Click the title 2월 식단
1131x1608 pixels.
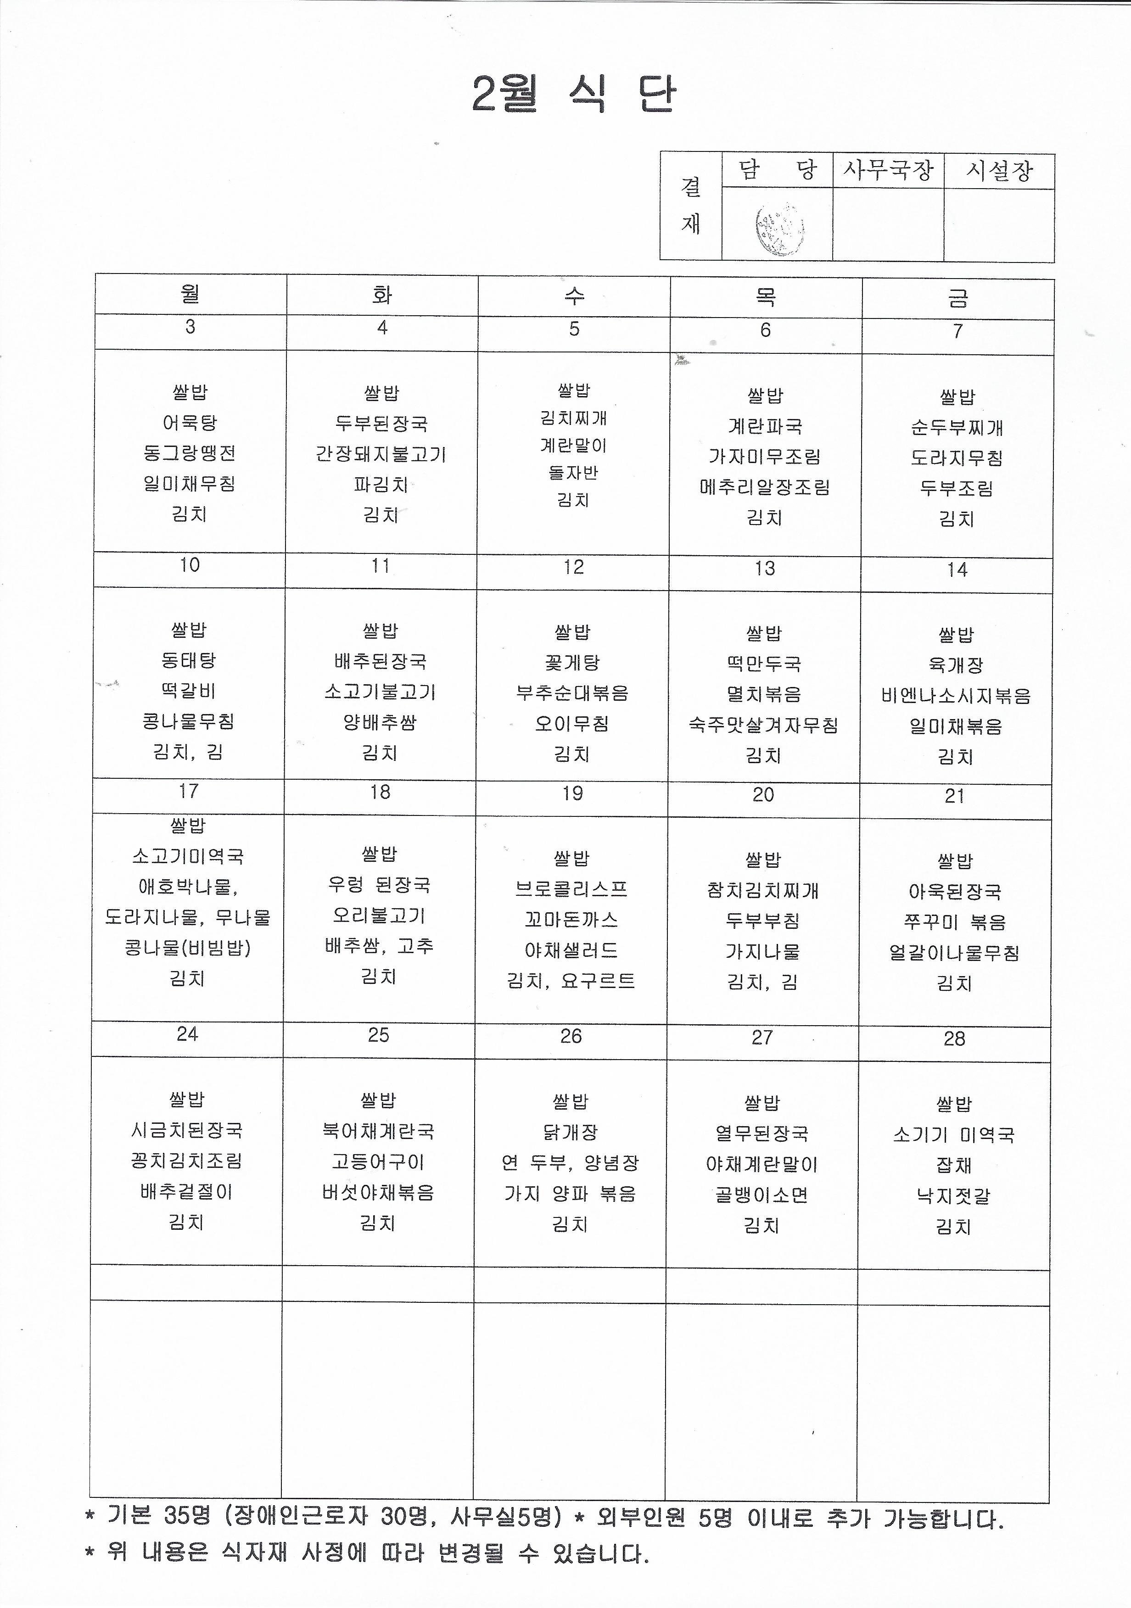pyautogui.click(x=574, y=94)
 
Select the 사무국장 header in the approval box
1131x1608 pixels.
pyautogui.click(x=888, y=170)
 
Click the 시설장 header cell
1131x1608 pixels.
pyautogui.click(x=999, y=171)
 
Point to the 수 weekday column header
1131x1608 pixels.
pyautogui.click(x=574, y=296)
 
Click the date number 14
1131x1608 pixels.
pyautogui.click(x=957, y=570)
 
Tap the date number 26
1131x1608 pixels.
pyautogui.click(x=571, y=1037)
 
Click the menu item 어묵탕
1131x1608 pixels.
pyautogui.click(x=190, y=423)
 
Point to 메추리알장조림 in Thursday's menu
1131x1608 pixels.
pyautogui.click(x=765, y=487)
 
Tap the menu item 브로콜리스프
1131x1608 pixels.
pyautogui.click(x=571, y=889)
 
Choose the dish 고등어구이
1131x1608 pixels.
pyautogui.click(x=378, y=1162)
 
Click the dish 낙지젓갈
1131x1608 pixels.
pyautogui.click(x=954, y=1196)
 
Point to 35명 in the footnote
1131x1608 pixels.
pyautogui.click(x=187, y=1516)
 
